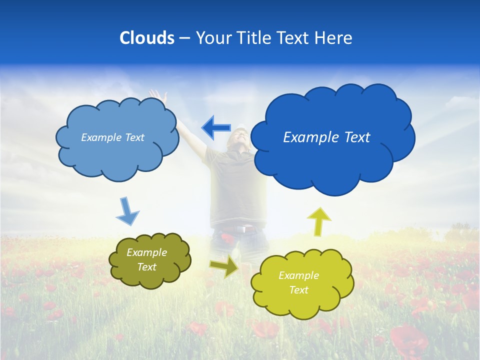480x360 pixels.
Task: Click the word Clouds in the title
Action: (146, 38)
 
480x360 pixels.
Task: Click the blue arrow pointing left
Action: (216, 127)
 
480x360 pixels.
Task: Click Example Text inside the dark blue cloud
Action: (326, 137)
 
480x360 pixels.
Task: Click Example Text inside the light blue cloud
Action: (112, 137)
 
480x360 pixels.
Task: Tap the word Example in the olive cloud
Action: (146, 253)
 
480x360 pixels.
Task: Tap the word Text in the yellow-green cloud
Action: (299, 290)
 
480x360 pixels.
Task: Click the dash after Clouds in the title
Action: (184, 38)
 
